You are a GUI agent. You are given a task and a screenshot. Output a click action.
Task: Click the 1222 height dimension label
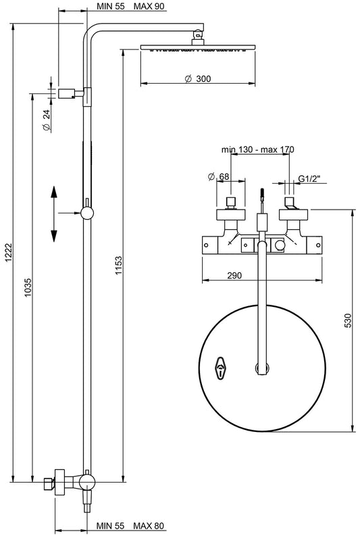(x=8, y=253)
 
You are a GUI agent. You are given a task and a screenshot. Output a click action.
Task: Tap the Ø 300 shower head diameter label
(x=197, y=79)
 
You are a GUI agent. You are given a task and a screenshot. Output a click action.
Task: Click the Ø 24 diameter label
(x=47, y=120)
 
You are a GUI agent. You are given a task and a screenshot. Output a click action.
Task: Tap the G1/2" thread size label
(x=310, y=179)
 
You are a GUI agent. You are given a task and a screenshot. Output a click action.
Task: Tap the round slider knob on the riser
(x=86, y=213)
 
